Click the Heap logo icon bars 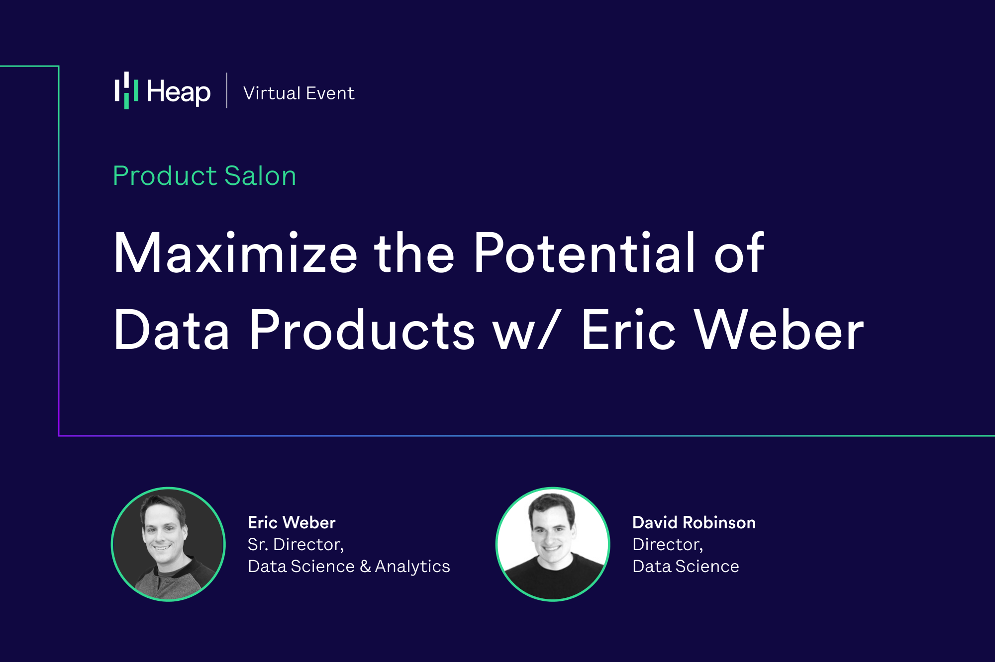pyautogui.click(x=126, y=91)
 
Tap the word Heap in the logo pyautogui.click(x=179, y=92)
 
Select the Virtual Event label pyautogui.click(x=298, y=93)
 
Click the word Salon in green pyautogui.click(x=260, y=176)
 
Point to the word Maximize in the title pyautogui.click(x=235, y=253)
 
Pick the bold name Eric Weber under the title pyautogui.click(x=292, y=522)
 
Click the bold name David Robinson pyautogui.click(x=694, y=522)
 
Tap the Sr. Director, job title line pyautogui.click(x=296, y=545)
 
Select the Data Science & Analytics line pyautogui.click(x=349, y=567)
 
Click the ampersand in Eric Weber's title pyautogui.click(x=365, y=567)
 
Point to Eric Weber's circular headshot pyautogui.click(x=168, y=544)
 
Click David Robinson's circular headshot pyautogui.click(x=553, y=544)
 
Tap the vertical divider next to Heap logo pyautogui.click(x=227, y=90)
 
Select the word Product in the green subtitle pyautogui.click(x=165, y=176)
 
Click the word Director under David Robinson pyautogui.click(x=667, y=545)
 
